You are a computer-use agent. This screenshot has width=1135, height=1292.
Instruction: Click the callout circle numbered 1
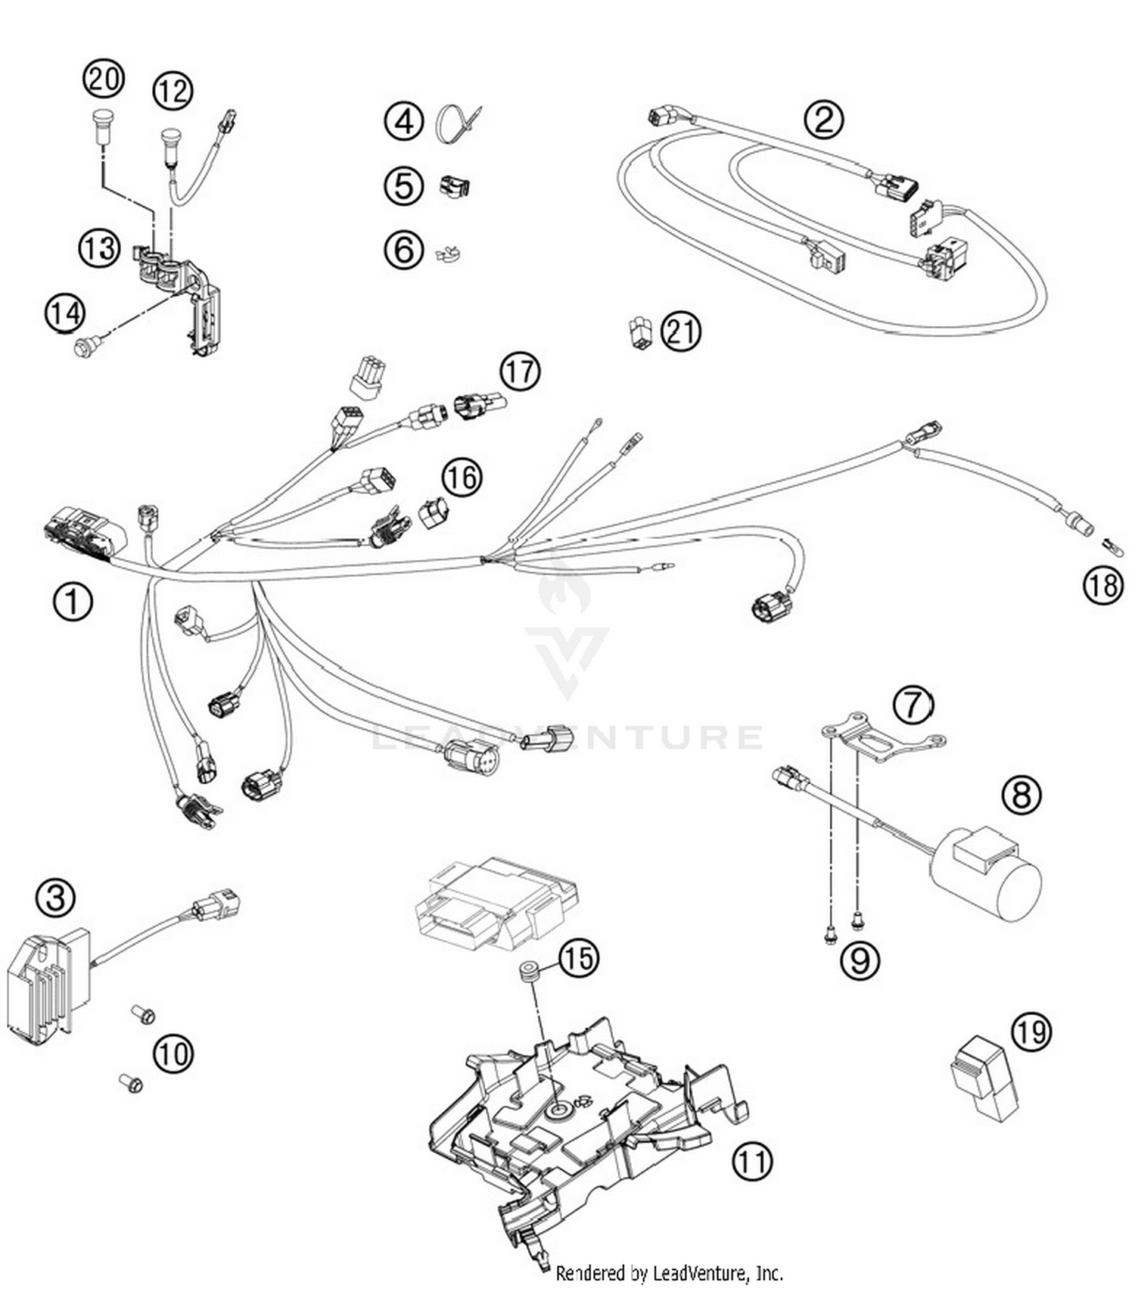[x=73, y=602]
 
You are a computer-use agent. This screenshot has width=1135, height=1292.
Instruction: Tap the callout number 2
[x=823, y=120]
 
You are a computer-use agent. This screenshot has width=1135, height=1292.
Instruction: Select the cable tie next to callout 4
[x=457, y=123]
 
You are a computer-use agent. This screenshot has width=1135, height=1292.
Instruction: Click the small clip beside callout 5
[x=454, y=186]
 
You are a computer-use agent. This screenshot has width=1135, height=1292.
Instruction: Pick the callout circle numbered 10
[x=173, y=1053]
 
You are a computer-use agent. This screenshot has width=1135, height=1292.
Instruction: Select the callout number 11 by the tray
[x=752, y=1160]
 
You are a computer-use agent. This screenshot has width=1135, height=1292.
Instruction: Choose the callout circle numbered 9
[x=860, y=960]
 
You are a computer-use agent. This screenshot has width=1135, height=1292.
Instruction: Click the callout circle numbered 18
[x=1102, y=585]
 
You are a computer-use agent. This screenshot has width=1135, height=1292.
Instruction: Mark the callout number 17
[x=520, y=372]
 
